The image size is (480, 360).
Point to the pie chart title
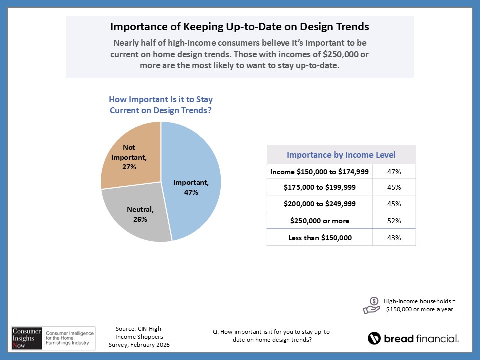(161, 105)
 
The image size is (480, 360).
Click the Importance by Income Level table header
(341, 154)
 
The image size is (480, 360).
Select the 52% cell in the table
(394, 221)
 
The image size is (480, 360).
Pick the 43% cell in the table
(394, 237)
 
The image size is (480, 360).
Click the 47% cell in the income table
(394, 172)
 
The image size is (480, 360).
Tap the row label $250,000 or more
(320, 221)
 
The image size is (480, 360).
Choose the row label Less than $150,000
(320, 237)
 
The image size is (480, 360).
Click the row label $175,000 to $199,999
(320, 188)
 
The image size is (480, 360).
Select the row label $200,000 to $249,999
(320, 204)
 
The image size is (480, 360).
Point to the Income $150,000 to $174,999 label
(320, 172)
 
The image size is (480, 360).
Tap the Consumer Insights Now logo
(50, 337)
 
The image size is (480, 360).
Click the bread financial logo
(413, 338)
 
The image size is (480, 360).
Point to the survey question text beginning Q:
(272, 336)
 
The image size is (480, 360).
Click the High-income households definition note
(420, 305)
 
